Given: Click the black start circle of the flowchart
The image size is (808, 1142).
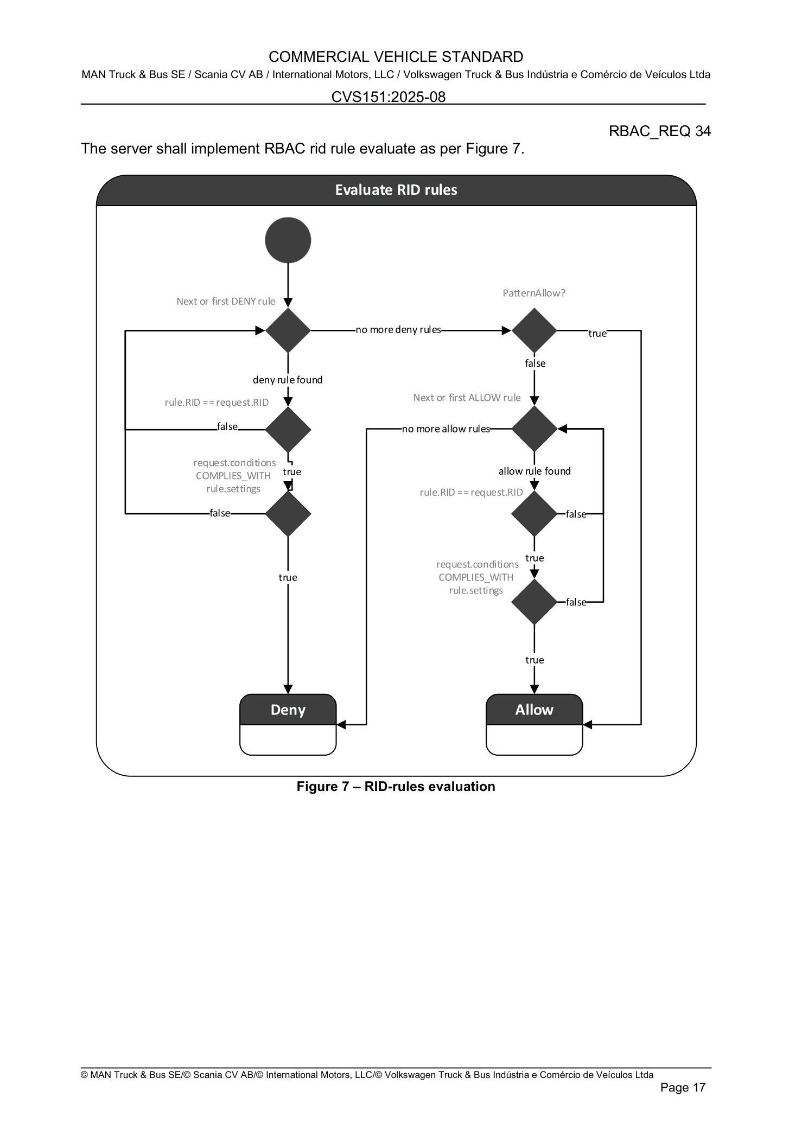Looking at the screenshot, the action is tap(288, 240).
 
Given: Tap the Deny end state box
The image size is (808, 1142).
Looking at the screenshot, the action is tap(288, 724).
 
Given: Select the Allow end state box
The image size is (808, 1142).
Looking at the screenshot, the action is tap(534, 724).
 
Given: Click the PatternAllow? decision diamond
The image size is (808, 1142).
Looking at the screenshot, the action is tap(534, 330).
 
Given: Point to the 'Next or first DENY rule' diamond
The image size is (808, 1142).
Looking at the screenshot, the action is tap(288, 330).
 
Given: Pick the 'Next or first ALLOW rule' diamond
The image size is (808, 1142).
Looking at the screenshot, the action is tap(534, 429).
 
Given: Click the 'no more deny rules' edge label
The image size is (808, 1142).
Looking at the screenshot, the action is tap(398, 330).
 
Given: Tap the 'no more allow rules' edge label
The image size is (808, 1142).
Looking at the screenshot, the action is tap(446, 429).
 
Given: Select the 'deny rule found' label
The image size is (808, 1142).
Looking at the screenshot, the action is tap(288, 380).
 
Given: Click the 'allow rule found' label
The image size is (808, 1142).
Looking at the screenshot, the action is tap(535, 471).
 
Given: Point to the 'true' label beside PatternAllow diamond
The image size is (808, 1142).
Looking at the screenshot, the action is tap(597, 333).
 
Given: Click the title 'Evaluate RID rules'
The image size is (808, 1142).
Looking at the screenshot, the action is tap(396, 190).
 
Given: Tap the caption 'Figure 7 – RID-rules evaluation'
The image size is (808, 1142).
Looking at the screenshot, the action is tap(396, 787).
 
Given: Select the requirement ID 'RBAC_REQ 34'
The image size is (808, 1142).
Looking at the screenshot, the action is tap(659, 131).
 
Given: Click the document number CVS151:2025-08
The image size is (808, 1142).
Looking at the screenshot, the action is tap(389, 97).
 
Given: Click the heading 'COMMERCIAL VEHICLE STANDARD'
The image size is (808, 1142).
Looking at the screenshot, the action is tap(396, 57).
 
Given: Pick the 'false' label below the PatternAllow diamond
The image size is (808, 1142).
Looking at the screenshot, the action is tap(535, 363).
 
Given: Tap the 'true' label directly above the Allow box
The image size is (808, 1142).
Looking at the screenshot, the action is tap(535, 660).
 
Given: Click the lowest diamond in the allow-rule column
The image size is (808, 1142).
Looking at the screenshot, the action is tap(534, 602).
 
